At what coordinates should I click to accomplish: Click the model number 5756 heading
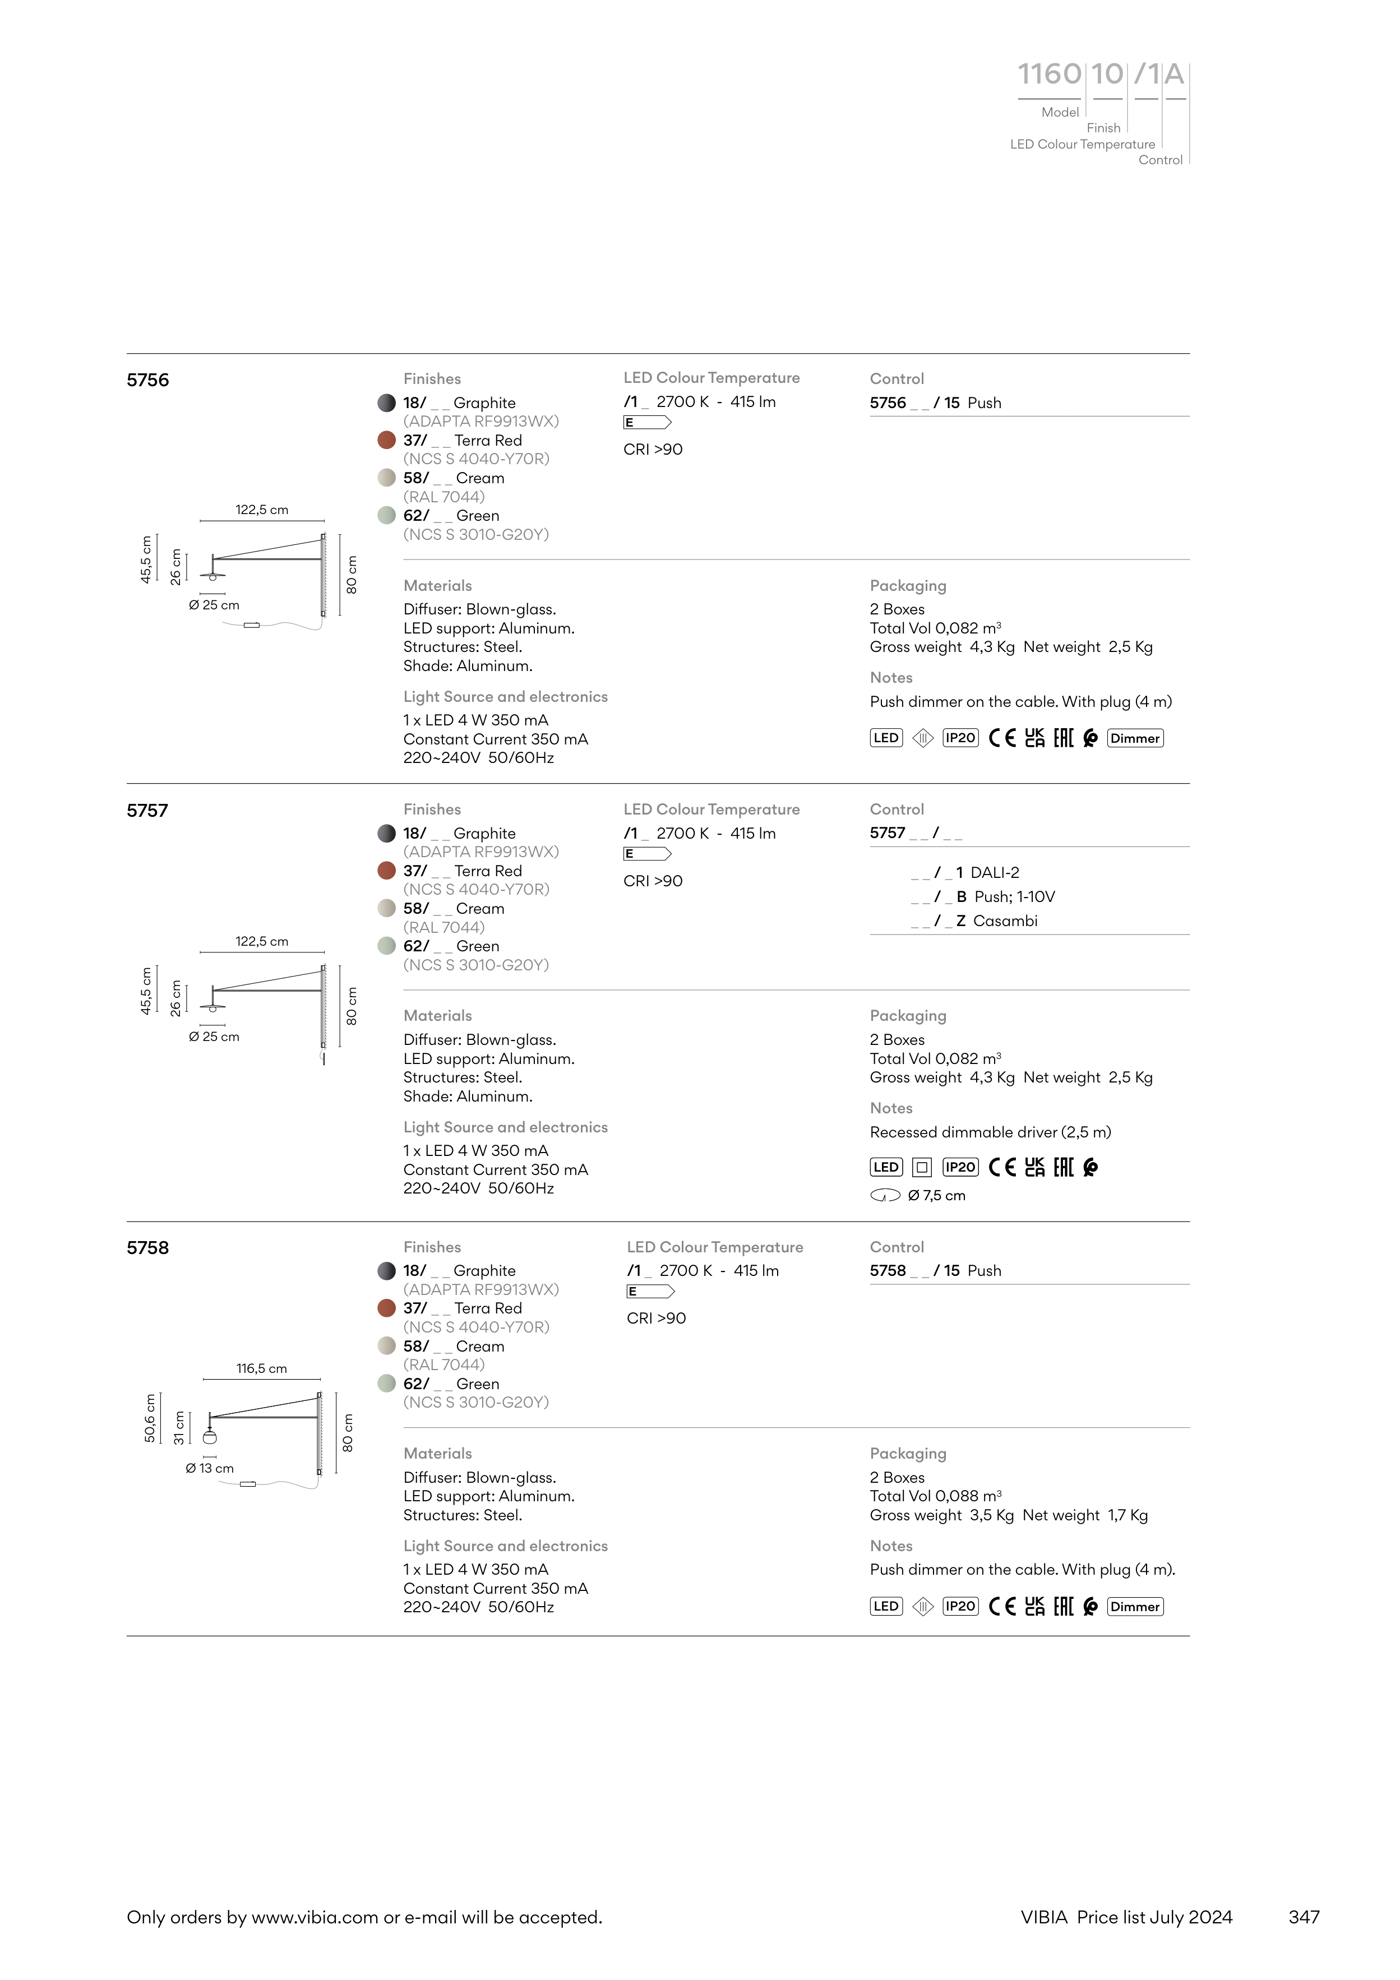[x=147, y=380]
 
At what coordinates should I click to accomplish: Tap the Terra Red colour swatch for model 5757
[x=386, y=871]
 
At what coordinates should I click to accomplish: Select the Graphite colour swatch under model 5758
[x=386, y=1271]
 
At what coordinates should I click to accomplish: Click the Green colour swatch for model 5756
[x=386, y=516]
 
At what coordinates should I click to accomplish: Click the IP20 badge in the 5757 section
[x=960, y=1168]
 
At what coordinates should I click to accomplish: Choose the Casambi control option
[x=1004, y=921]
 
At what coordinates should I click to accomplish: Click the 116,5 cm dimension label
[x=261, y=1368]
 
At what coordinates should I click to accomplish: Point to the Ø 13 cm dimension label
[x=210, y=1468]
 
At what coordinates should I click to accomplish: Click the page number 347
[x=1304, y=1917]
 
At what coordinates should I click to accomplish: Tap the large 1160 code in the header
[x=1049, y=75]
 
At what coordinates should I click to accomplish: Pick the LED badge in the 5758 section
[x=886, y=1607]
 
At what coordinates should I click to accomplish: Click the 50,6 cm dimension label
[x=150, y=1418]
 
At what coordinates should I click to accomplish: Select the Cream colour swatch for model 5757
[x=386, y=909]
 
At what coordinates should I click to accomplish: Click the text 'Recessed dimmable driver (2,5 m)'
[x=990, y=1132]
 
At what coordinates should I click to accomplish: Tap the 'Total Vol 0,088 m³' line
[x=935, y=1496]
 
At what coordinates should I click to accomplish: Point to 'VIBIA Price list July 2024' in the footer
[x=1126, y=1917]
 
